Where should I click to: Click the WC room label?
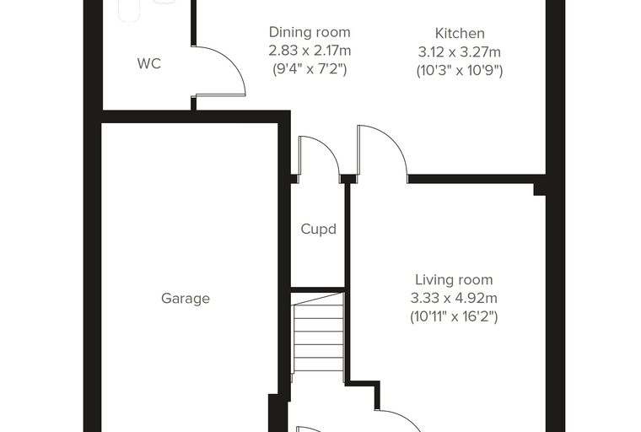tap(149, 64)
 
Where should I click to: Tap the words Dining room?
tap(310, 32)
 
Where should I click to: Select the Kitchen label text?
tap(460, 33)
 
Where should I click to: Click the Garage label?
tap(186, 298)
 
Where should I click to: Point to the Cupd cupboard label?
tap(319, 229)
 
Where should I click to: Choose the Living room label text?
tap(454, 280)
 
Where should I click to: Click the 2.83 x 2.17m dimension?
tap(310, 51)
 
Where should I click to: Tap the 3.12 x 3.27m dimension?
tap(460, 52)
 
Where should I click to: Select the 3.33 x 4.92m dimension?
tap(454, 298)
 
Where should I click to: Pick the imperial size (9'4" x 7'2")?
tap(310, 69)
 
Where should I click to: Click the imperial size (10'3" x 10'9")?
tap(460, 71)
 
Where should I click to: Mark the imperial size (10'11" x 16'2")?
tap(454, 316)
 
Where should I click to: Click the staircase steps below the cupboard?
tap(318, 332)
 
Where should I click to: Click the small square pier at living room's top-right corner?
tap(540, 189)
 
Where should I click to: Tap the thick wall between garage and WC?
tap(190, 116)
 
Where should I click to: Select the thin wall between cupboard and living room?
tap(347, 283)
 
